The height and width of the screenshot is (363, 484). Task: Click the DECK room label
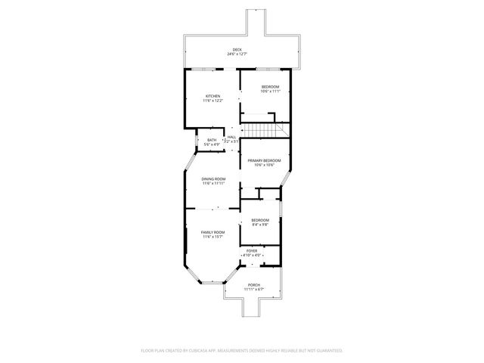point(237,49)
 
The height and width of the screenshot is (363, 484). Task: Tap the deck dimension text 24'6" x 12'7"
point(237,54)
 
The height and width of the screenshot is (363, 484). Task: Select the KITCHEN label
point(213,96)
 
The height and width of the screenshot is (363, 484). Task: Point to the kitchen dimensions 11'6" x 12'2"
point(213,101)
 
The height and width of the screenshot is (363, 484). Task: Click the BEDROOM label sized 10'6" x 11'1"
point(270,86)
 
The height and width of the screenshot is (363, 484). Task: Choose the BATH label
point(212,139)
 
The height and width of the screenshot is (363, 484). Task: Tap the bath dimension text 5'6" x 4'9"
point(212,144)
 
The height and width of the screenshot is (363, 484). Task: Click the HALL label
point(231,137)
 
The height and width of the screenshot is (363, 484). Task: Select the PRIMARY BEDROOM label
point(264,160)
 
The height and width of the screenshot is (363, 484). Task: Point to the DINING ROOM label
point(213,178)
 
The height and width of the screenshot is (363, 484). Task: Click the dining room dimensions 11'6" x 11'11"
point(213,183)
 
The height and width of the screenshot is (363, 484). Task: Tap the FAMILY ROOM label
point(213,232)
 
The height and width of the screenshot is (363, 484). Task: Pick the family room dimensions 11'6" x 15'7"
point(213,237)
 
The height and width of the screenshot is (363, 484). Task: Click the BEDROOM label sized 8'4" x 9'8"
point(260,219)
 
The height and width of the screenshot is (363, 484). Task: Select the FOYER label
point(252,250)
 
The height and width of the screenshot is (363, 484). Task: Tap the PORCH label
point(253,284)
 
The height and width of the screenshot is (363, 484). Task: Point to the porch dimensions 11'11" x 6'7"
point(253,289)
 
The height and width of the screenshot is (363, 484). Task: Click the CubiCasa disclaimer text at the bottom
point(242,350)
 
